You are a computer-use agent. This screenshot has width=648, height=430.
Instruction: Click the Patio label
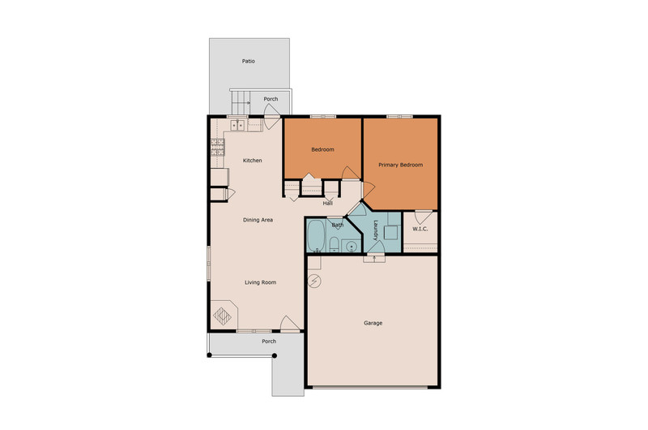tap(249, 61)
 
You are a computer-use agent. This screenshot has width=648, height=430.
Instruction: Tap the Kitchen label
tap(252, 161)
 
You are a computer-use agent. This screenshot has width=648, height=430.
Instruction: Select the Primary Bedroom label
tap(400, 165)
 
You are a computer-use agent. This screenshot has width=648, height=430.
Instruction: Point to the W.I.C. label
tap(420, 229)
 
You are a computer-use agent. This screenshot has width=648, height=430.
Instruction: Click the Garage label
tap(373, 323)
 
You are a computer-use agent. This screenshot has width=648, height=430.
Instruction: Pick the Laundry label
tap(376, 230)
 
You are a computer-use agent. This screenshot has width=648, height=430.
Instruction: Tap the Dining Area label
tap(258, 220)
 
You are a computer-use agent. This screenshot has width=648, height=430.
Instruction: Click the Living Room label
tap(260, 282)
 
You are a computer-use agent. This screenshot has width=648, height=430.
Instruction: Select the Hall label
tap(328, 203)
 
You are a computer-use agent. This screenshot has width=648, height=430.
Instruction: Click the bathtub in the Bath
tap(317, 235)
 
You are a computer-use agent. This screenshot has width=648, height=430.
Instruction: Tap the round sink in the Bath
tap(352, 247)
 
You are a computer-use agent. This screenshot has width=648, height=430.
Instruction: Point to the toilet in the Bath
tap(335, 245)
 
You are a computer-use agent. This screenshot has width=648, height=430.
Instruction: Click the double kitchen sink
tap(239, 125)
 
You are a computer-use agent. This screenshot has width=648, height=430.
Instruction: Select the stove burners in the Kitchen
tap(218, 148)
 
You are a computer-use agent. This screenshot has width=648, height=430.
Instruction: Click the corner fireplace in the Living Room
tap(224, 315)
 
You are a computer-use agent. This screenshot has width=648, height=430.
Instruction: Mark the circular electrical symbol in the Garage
tap(314, 282)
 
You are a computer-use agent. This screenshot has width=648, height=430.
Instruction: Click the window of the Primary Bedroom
tap(399, 116)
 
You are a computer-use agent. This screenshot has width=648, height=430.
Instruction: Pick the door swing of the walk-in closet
tap(424, 217)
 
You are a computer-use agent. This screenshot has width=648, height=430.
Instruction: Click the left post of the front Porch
tap(210, 355)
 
